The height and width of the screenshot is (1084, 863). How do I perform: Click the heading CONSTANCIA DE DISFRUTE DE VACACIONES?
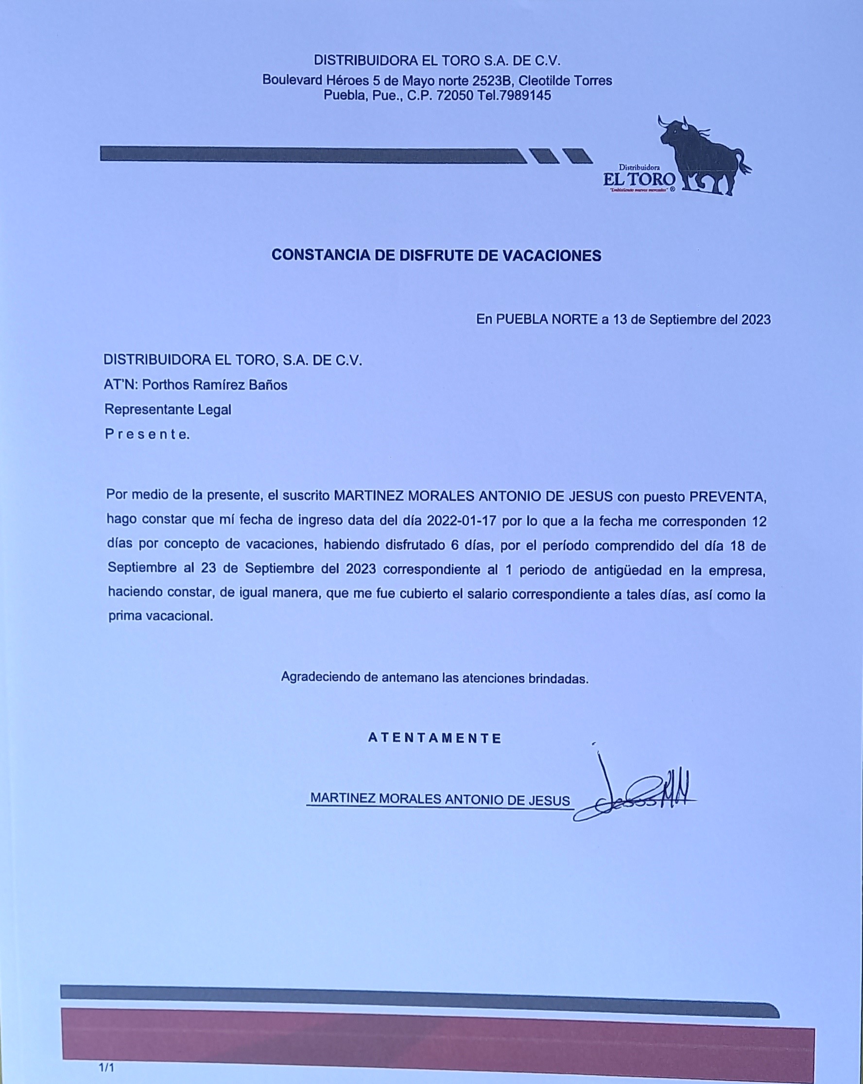tap(436, 256)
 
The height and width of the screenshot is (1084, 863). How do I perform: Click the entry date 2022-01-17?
tap(462, 521)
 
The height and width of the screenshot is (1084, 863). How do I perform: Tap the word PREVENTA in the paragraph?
tap(727, 497)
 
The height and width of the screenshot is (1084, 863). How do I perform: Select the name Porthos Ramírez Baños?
tap(215, 385)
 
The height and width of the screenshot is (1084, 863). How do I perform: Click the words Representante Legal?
tap(168, 410)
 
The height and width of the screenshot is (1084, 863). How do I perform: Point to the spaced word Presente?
tap(147, 434)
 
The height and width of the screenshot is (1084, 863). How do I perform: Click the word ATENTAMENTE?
tap(435, 738)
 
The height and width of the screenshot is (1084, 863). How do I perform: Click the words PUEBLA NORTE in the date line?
tap(547, 319)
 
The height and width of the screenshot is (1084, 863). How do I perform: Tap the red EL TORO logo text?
tap(639, 178)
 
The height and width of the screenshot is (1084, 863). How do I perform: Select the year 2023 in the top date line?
tap(756, 320)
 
